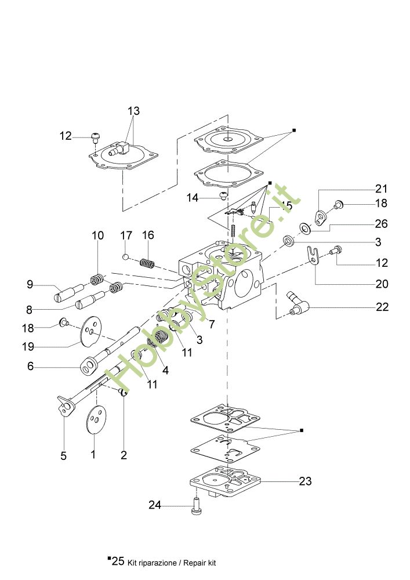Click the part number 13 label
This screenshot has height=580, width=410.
(133, 111)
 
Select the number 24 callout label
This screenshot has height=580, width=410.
(154, 505)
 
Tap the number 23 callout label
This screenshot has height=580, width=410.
(305, 481)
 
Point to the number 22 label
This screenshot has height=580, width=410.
(382, 307)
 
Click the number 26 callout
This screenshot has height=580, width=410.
(381, 223)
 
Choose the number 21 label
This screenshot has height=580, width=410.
(381, 188)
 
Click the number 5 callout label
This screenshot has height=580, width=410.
(63, 456)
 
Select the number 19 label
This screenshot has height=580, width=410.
(28, 347)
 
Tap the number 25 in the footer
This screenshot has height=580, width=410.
(118, 561)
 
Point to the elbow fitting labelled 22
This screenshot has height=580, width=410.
(299, 301)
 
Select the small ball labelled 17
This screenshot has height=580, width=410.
(125, 256)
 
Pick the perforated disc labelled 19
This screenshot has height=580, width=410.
(89, 329)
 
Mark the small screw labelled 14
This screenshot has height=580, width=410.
(222, 194)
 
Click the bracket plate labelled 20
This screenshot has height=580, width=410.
(314, 256)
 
